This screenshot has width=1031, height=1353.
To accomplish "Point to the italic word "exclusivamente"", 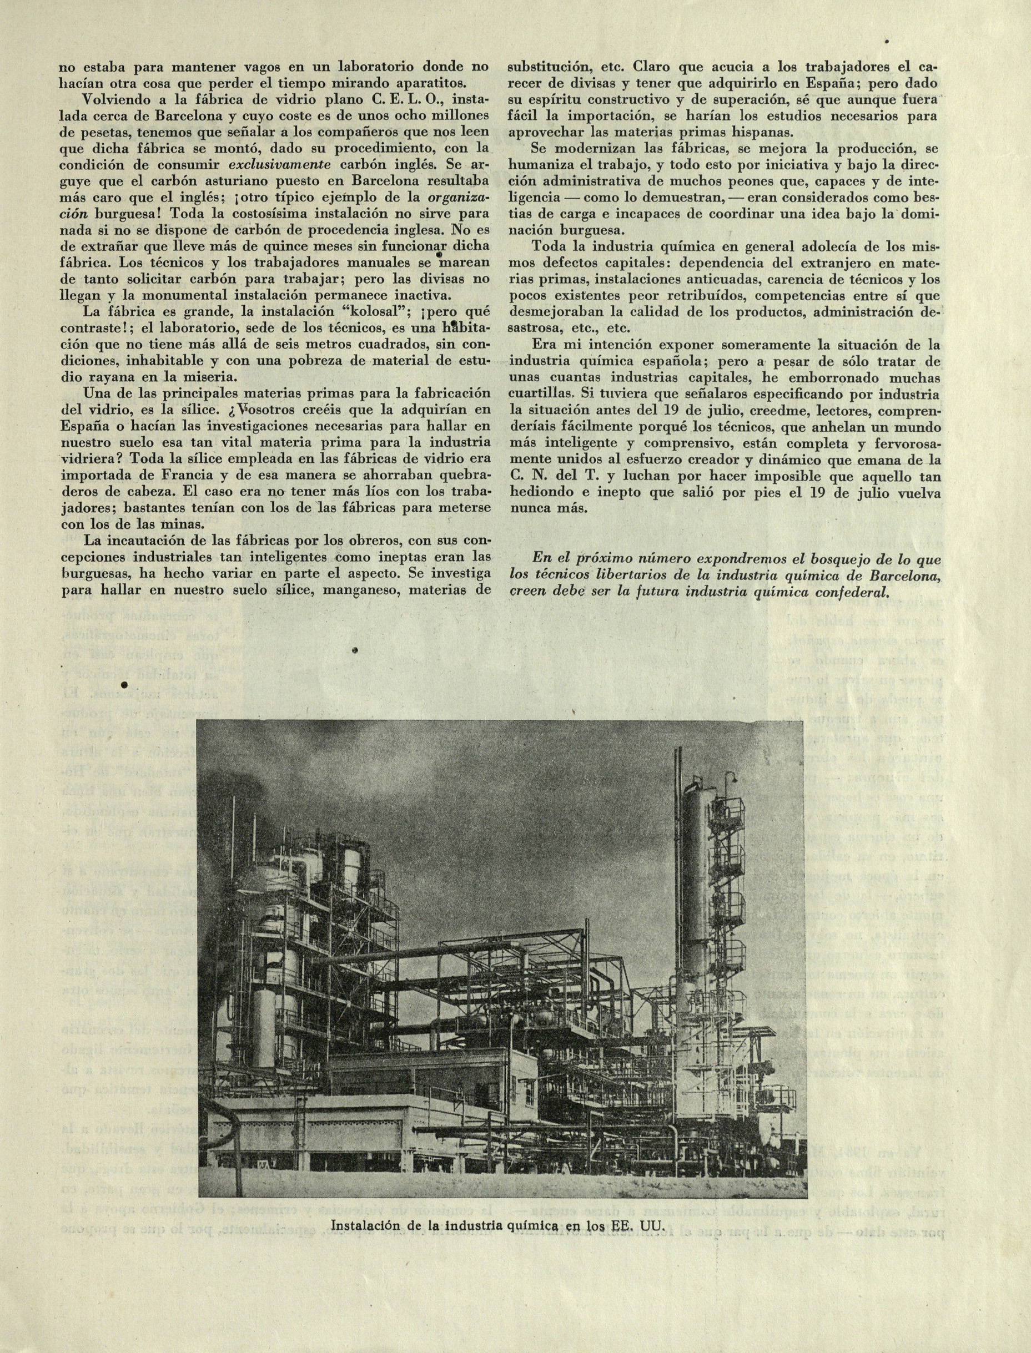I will pyautogui.click(x=280, y=165).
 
